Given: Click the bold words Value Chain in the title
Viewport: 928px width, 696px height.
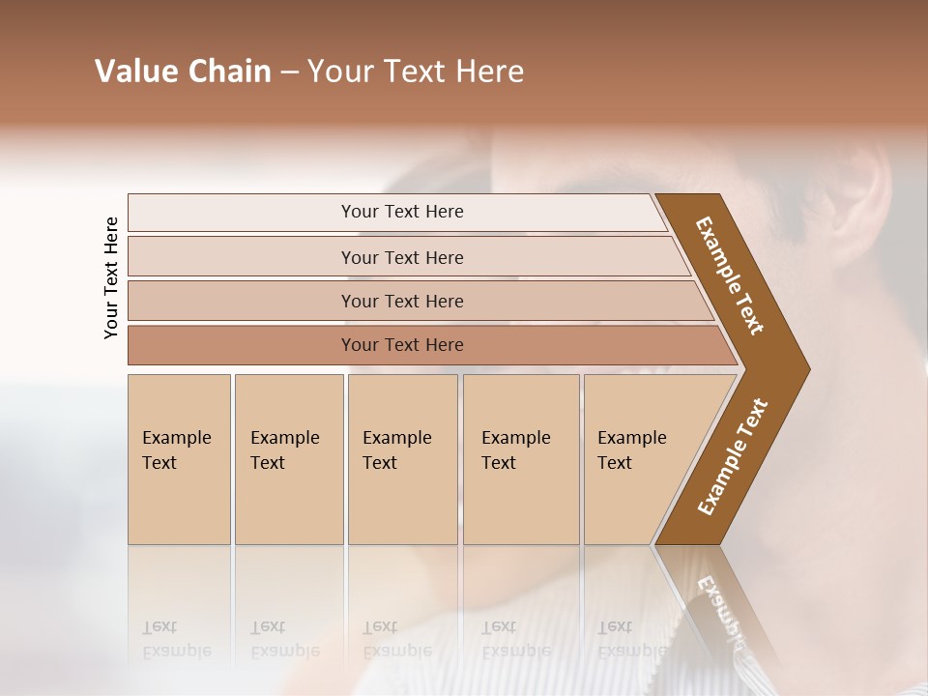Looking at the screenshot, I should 183,72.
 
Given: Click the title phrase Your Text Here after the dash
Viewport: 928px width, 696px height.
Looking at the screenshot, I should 416,72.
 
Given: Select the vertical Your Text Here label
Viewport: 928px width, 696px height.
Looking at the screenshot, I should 111,278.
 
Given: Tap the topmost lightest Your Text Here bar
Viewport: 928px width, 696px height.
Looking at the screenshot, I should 402,212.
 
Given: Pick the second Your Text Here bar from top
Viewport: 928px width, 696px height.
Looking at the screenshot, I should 402,257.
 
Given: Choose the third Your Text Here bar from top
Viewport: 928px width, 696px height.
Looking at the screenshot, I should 402,301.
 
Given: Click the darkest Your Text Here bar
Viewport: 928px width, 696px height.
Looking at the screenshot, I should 402,345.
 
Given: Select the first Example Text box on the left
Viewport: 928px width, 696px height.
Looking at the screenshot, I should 179,459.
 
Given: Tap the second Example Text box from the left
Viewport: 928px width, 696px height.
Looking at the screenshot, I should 288,459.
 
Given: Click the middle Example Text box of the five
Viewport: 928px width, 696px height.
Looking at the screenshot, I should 402,459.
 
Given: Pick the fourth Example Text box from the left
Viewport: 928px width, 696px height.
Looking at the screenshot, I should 520,459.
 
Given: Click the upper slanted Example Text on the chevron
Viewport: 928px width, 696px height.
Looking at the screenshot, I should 730,275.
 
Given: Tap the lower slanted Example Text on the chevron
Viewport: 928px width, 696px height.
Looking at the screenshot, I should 733,457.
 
